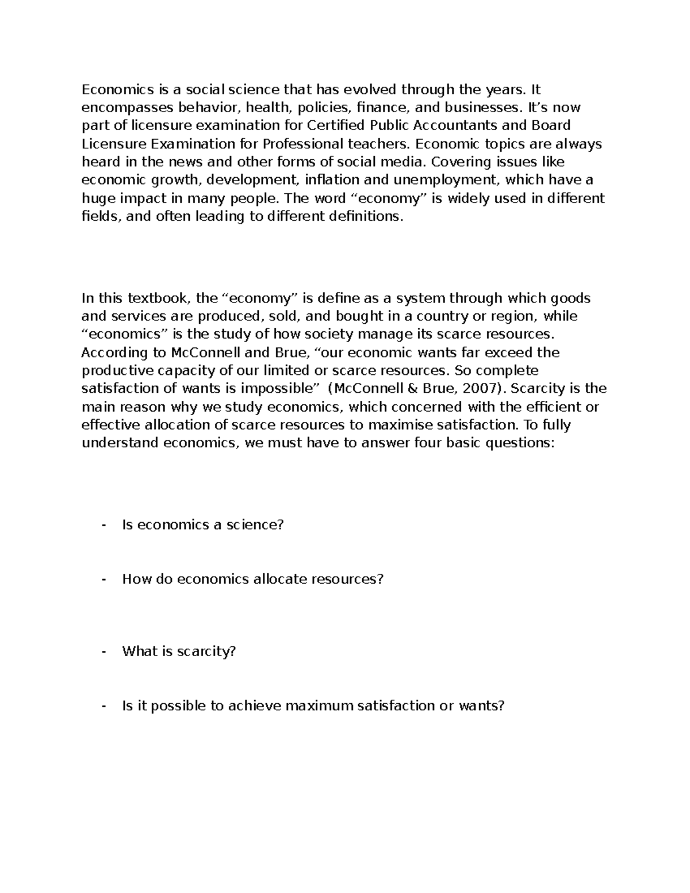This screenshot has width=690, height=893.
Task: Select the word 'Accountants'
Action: click(443, 125)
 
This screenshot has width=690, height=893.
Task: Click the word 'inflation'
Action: click(333, 180)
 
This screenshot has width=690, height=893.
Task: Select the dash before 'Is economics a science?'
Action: click(103, 524)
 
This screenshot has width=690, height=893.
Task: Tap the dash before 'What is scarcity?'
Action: click(103, 651)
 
